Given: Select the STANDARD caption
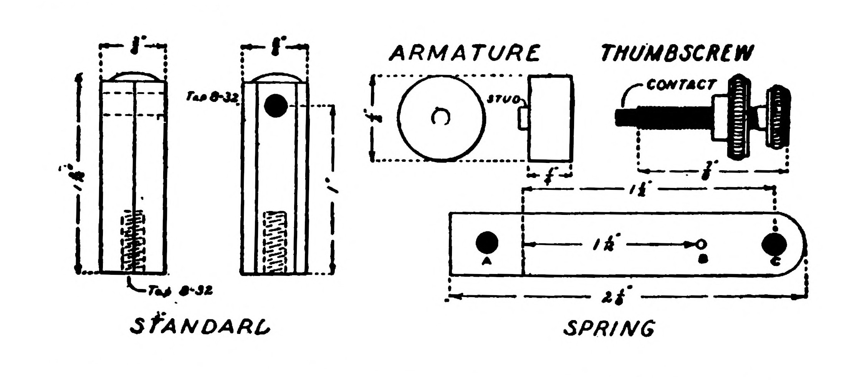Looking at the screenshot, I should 200,326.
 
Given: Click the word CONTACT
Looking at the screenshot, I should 681,85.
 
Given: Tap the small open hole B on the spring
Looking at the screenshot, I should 701,243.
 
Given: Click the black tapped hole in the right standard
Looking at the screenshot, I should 276,105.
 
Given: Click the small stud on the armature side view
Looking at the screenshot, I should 523,118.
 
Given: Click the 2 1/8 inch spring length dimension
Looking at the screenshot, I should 617,297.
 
